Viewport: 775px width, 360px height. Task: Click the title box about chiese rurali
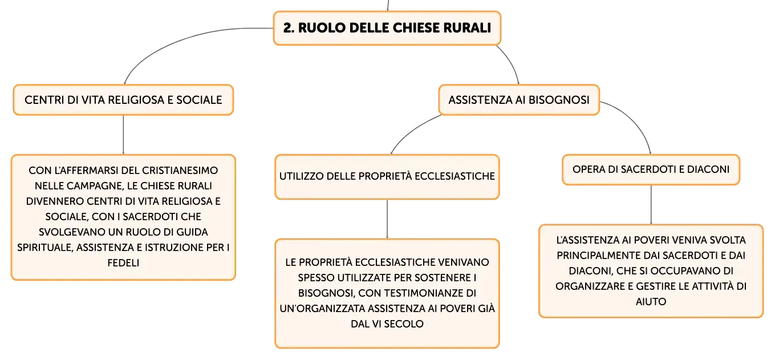(387, 28)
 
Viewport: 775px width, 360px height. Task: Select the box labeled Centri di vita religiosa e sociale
(123, 100)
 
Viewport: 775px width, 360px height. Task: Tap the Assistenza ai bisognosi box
(519, 100)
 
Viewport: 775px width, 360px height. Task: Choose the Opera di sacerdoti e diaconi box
(651, 169)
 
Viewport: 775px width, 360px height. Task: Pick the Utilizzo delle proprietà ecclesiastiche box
(387, 176)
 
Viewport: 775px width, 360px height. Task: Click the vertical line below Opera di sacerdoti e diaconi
(651, 205)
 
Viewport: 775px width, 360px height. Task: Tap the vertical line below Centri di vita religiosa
(123, 135)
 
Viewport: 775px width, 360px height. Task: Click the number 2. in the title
(289, 28)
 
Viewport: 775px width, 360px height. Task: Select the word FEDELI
(123, 263)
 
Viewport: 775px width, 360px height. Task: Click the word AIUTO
(651, 301)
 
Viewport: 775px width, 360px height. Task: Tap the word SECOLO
(404, 324)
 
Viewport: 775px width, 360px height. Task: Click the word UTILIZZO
(301, 176)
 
